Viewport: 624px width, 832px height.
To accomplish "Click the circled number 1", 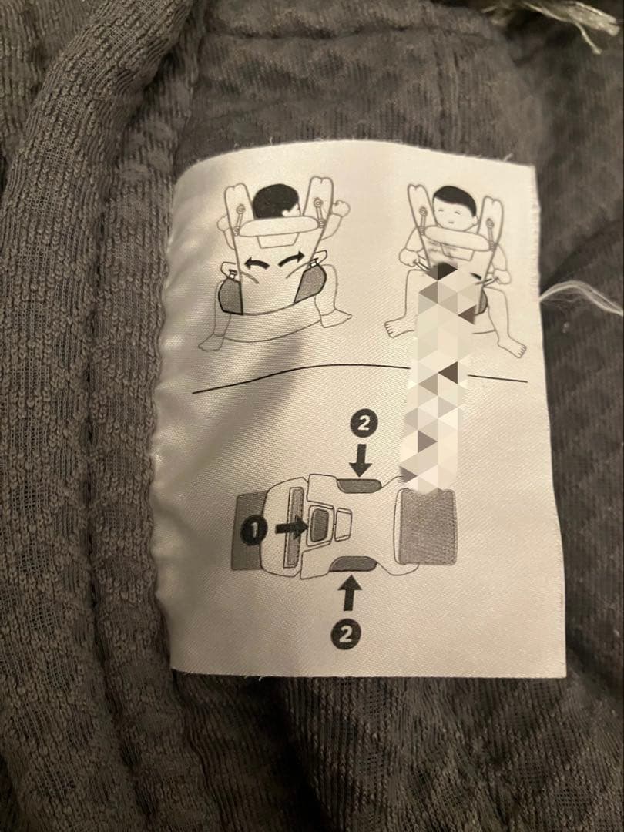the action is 253,531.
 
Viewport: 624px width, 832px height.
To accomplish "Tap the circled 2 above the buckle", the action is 363,424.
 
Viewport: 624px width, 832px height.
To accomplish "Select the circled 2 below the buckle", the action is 346,635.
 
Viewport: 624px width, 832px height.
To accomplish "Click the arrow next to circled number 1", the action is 290,528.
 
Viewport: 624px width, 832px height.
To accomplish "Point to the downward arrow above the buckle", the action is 361,459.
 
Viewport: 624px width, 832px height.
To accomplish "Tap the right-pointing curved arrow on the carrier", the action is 292,260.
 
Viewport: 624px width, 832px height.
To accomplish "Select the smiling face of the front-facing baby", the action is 455,212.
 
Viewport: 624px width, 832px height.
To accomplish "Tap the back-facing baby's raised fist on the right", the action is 341,207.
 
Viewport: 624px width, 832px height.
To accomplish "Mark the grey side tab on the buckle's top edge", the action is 360,485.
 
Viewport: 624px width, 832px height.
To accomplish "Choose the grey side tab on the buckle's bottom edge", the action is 352,563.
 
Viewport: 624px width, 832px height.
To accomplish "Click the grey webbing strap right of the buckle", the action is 428,526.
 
